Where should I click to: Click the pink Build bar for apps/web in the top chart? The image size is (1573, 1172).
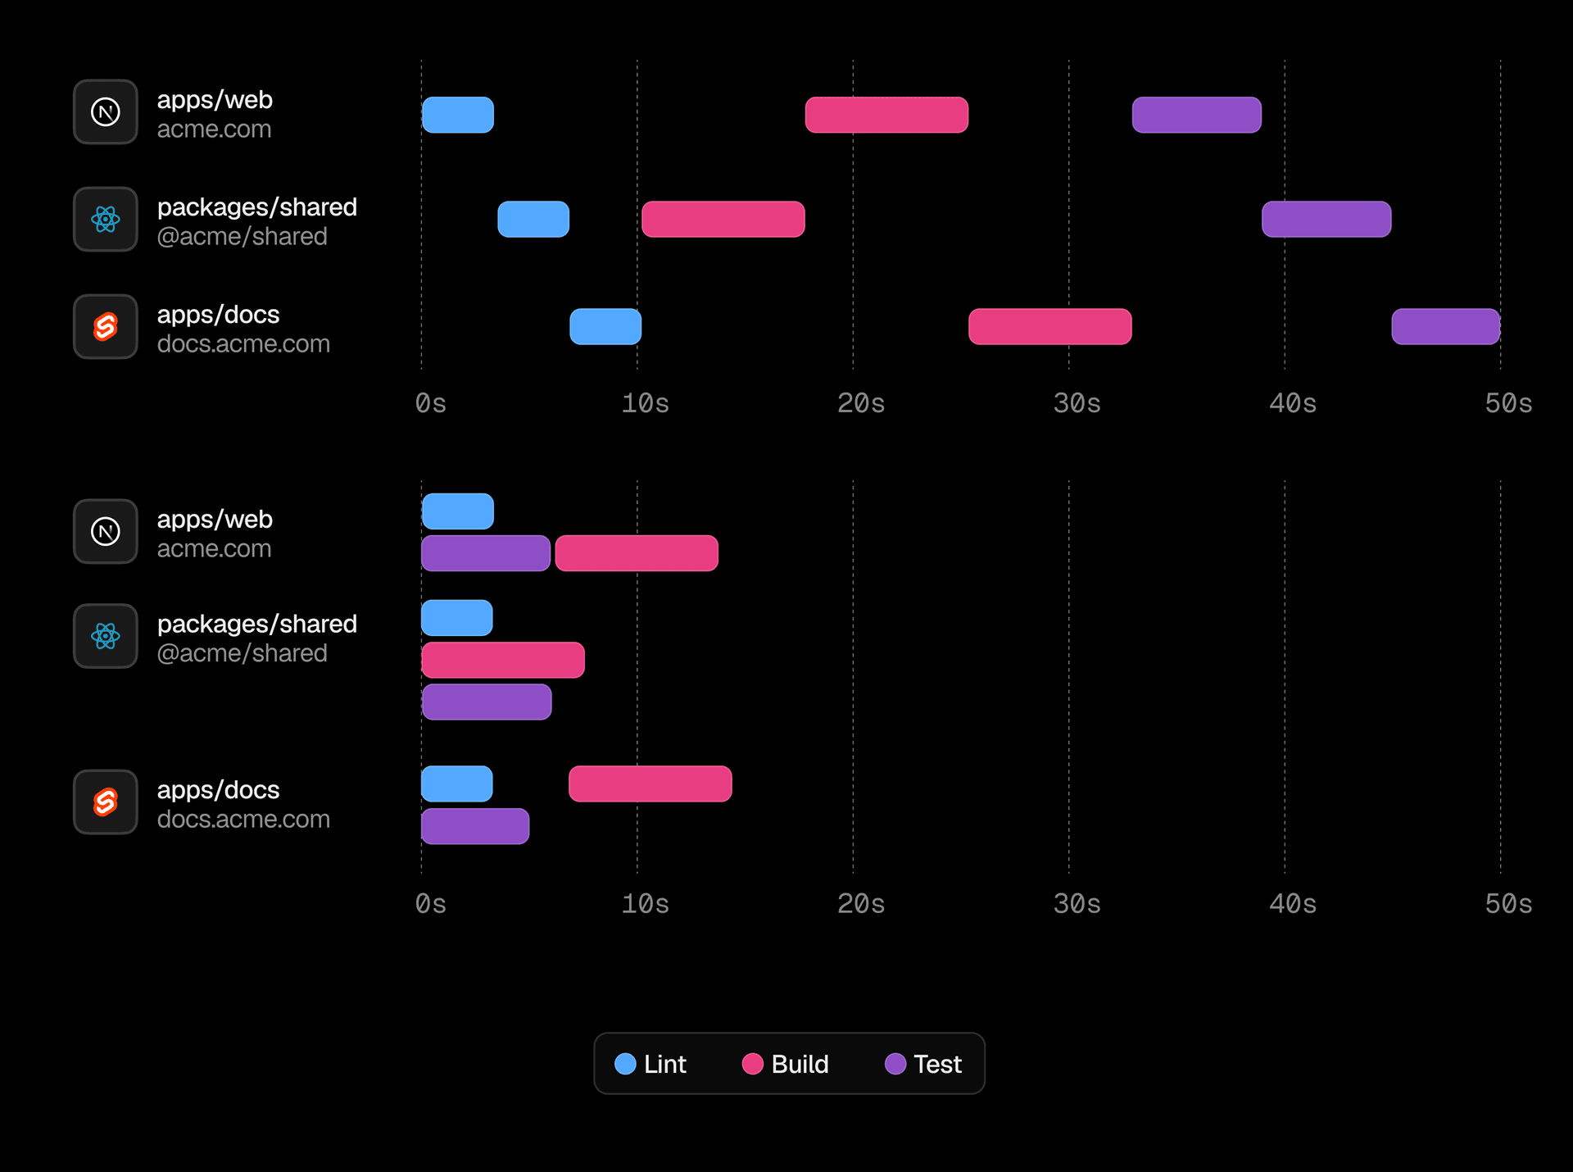pyautogui.click(x=886, y=115)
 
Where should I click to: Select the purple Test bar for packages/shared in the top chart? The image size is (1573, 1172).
pyautogui.click(x=1326, y=219)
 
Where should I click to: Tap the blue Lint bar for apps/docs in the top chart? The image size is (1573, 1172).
pyautogui.click(x=605, y=326)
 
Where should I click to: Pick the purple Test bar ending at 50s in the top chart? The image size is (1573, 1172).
pyautogui.click(x=1445, y=326)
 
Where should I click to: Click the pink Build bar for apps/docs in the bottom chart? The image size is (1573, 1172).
pyautogui.click(x=650, y=784)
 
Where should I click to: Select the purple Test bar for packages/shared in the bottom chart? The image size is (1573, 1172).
pyautogui.click(x=487, y=702)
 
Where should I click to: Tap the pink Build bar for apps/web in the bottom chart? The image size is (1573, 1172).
pyautogui.click(x=637, y=553)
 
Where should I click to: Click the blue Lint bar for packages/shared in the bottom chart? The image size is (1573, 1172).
pyautogui.click(x=457, y=618)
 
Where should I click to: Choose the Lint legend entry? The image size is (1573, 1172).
pyautogui.click(x=651, y=1064)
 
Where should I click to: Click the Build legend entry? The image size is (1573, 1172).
pyautogui.click(x=786, y=1064)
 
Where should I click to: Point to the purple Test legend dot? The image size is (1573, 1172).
pyautogui.click(x=895, y=1064)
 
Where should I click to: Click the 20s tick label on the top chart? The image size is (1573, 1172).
pyautogui.click(x=860, y=403)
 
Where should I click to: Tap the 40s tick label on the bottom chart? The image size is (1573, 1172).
pyautogui.click(x=1292, y=904)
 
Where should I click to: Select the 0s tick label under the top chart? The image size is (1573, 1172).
pyautogui.click(x=430, y=403)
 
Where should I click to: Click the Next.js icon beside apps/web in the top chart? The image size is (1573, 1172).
pyautogui.click(x=106, y=111)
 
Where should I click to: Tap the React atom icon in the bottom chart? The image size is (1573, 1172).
pyautogui.click(x=106, y=636)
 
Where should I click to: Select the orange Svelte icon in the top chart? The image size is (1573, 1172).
pyautogui.click(x=106, y=326)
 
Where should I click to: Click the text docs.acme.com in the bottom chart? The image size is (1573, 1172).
pyautogui.click(x=243, y=819)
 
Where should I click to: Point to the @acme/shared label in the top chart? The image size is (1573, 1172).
pyautogui.click(x=242, y=236)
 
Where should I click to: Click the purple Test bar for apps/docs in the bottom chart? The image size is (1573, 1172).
pyautogui.click(x=475, y=826)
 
